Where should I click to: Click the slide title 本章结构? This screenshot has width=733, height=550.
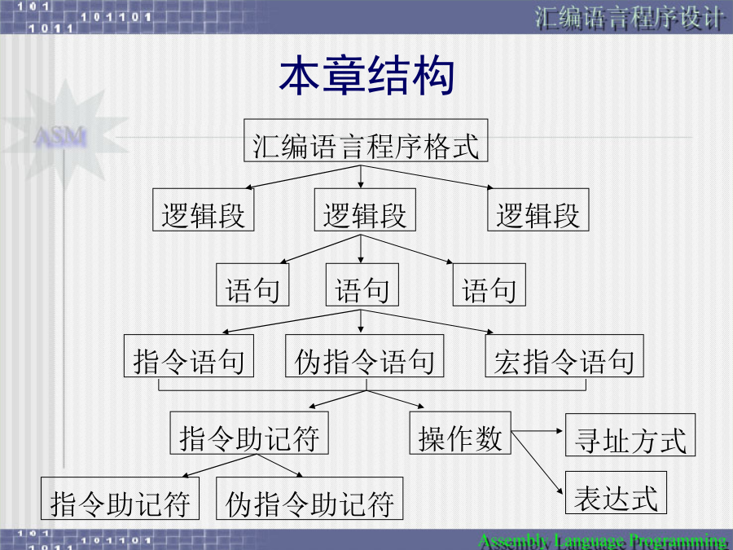pyautogui.click(x=366, y=76)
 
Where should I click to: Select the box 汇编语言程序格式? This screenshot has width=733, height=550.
pyautogui.click(x=366, y=141)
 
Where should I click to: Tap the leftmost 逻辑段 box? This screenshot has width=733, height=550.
pyautogui.click(x=204, y=210)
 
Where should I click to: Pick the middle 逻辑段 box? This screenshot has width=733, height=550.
pyautogui.click(x=365, y=210)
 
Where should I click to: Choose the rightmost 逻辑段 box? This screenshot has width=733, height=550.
pyautogui.click(x=538, y=210)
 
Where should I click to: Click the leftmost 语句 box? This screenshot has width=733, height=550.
pyautogui.click(x=252, y=285)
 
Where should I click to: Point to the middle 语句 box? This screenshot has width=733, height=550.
pyautogui.click(x=362, y=285)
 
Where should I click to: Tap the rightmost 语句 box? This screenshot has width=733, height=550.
pyautogui.click(x=489, y=285)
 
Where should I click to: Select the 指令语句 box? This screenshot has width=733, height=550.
pyautogui.click(x=189, y=356)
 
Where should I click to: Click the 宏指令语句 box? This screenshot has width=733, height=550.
pyautogui.click(x=564, y=356)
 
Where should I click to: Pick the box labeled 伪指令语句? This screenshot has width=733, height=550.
pyautogui.click(x=365, y=356)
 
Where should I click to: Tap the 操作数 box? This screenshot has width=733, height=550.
pyautogui.click(x=460, y=433)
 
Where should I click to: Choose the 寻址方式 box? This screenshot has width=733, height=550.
pyautogui.click(x=630, y=435)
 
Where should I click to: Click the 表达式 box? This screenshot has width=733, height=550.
pyautogui.click(x=617, y=493)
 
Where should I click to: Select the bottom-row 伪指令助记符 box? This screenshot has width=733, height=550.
pyautogui.click(x=309, y=499)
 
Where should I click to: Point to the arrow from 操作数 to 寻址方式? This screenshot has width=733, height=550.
pyautogui.click(x=538, y=431)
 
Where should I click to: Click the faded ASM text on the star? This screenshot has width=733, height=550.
pyautogui.click(x=61, y=138)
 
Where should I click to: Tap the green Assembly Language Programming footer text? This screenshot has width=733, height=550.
pyautogui.click(x=603, y=542)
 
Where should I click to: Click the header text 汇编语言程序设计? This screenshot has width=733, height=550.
pyautogui.click(x=629, y=19)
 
